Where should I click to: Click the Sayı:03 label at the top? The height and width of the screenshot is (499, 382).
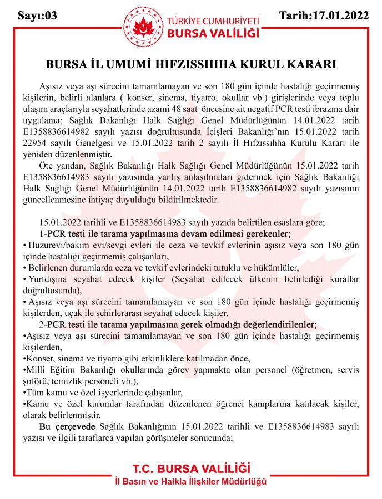tap(37, 16)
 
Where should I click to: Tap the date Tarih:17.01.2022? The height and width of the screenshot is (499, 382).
tap(324, 16)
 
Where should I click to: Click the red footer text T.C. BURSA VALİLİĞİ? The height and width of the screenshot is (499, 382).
tap(191, 467)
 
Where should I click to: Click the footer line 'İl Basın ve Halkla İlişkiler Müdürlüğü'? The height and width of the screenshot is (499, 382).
tap(191, 480)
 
